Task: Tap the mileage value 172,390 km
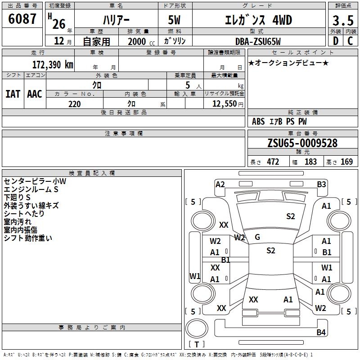tap(53, 64)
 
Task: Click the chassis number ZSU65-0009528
tap(302, 143)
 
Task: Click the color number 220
tap(74, 104)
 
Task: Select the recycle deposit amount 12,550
tap(224, 104)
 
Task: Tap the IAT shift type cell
tap(13, 94)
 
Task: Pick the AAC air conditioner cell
tap(35, 94)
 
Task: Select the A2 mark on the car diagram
tap(220, 184)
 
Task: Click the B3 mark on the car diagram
tap(321, 184)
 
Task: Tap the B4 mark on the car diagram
tap(321, 333)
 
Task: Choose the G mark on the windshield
tap(257, 237)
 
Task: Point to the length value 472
tap(273, 162)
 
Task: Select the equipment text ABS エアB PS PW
tap(279, 121)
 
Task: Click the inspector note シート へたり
tap(24, 214)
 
